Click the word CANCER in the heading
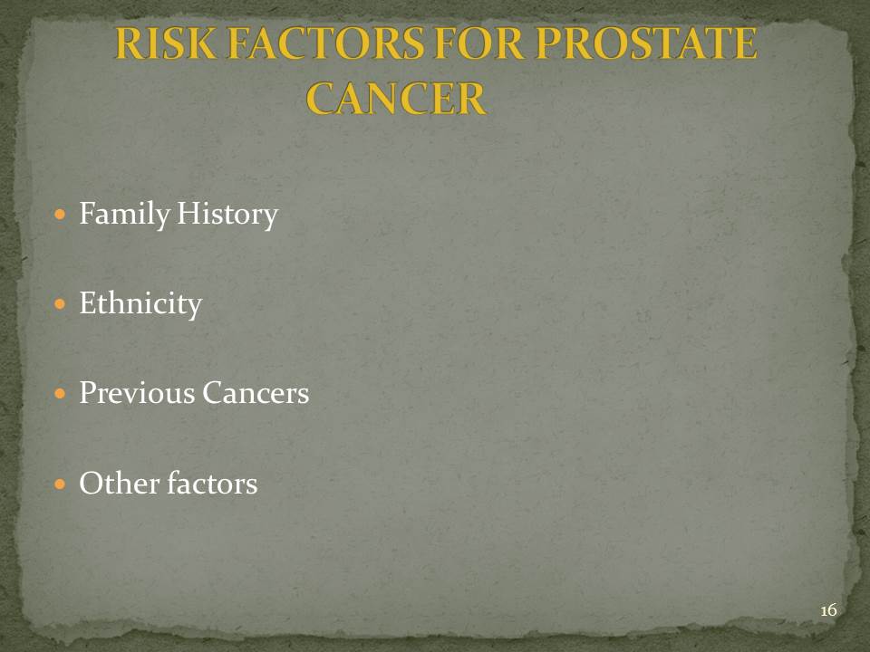tap(396, 99)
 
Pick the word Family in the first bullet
tap(124, 215)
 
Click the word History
tap(227, 215)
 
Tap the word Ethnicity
tap(140, 304)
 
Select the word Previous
tap(137, 392)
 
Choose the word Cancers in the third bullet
tap(256, 392)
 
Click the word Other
tap(120, 483)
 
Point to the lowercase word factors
tap(212, 483)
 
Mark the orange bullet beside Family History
tap(61, 214)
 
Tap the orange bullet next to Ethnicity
tap(61, 304)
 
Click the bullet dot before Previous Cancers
tap(61, 394)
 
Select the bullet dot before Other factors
tap(61, 484)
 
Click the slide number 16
tap(828, 610)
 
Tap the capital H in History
tap(188, 214)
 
